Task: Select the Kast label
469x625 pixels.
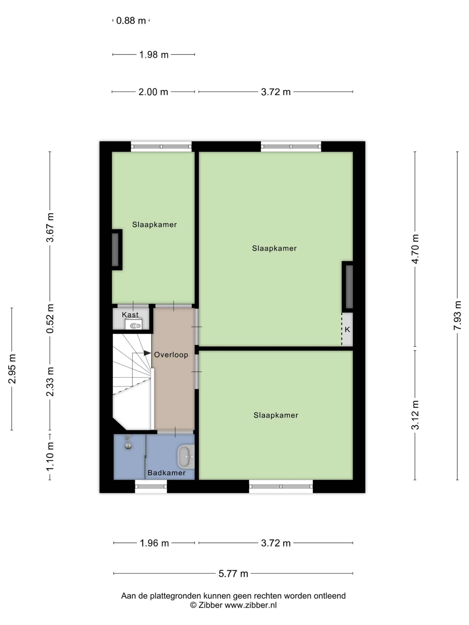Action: [x=130, y=314]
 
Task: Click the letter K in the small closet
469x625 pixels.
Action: [x=347, y=329]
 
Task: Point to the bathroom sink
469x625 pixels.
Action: [x=186, y=457]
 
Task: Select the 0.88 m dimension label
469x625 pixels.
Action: [x=131, y=21]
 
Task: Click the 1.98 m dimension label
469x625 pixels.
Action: [x=154, y=54]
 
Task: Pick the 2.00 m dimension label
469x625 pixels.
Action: [x=153, y=92]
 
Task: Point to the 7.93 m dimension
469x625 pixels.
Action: [x=457, y=316]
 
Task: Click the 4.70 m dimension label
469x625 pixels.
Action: [x=415, y=249]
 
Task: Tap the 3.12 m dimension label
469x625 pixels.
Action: [x=415, y=415]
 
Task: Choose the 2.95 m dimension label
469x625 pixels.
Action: [x=12, y=369]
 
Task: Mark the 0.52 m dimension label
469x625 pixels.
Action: [x=50, y=319]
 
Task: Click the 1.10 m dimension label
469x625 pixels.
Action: [x=50, y=457]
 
